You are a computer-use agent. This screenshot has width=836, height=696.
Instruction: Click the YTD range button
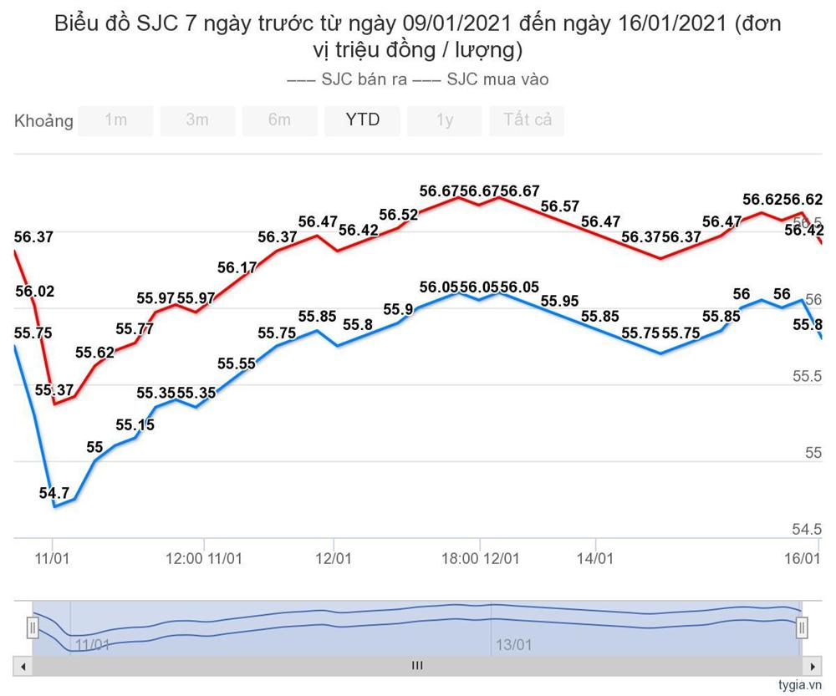click(362, 120)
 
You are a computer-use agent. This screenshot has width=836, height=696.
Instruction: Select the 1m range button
click(115, 120)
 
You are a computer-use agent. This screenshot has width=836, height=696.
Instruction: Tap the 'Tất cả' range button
click(527, 120)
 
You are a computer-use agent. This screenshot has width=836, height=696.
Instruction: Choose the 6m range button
click(279, 120)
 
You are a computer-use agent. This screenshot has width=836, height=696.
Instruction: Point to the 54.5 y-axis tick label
click(807, 529)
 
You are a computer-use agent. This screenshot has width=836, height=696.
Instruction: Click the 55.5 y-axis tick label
click(807, 377)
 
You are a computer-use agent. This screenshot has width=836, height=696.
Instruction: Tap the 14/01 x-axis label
click(594, 557)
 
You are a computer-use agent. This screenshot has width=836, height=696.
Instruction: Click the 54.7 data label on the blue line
click(54, 493)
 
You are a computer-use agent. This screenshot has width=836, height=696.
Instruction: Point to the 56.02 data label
click(34, 292)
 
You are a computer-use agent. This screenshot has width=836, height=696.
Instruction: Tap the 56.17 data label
click(237, 268)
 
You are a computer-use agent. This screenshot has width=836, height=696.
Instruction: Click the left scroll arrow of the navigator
click(23, 666)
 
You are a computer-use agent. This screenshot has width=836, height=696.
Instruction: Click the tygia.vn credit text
click(799, 685)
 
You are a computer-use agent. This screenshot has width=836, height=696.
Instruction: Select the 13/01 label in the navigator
click(514, 644)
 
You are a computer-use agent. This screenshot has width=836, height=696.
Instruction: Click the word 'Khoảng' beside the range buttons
click(43, 121)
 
